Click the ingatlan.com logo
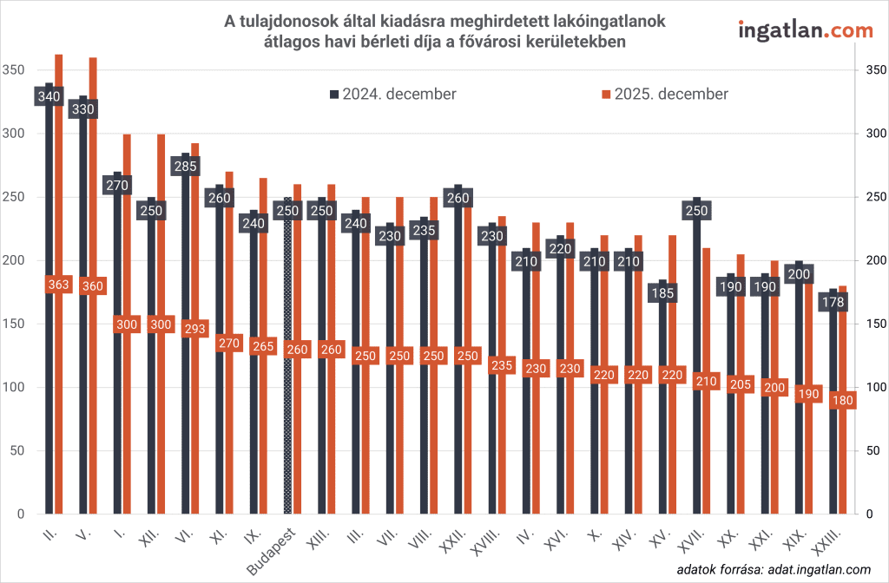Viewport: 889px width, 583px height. point(805,30)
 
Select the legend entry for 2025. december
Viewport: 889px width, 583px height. point(665,94)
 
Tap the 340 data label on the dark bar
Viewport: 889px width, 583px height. point(49,95)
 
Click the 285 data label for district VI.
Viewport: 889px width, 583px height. point(186,166)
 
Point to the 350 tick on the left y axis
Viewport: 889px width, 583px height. point(15,70)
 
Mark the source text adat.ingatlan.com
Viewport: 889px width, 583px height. point(813,569)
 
